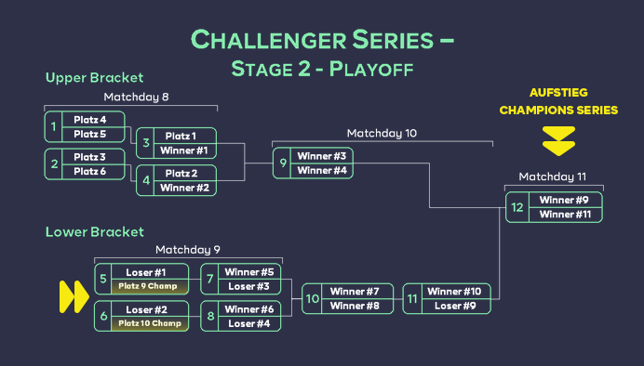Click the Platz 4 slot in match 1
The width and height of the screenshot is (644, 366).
click(x=90, y=120)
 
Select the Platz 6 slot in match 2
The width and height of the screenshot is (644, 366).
click(x=90, y=171)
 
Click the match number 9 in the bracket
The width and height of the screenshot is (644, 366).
click(x=282, y=163)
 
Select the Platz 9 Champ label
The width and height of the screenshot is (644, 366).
click(x=149, y=286)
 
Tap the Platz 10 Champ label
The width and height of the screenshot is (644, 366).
click(x=149, y=323)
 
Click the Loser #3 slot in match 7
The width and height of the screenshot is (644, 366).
click(x=249, y=286)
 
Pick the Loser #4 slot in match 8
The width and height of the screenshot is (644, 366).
click(x=249, y=323)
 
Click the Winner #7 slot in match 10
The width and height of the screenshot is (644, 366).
click(x=353, y=292)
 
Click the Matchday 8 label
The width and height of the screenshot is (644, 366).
click(x=136, y=97)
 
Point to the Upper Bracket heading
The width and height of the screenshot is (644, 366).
click(x=94, y=78)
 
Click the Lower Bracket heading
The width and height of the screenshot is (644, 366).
click(x=94, y=231)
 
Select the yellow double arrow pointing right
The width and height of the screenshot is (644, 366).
click(x=74, y=296)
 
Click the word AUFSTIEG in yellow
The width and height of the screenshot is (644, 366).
click(x=558, y=93)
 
